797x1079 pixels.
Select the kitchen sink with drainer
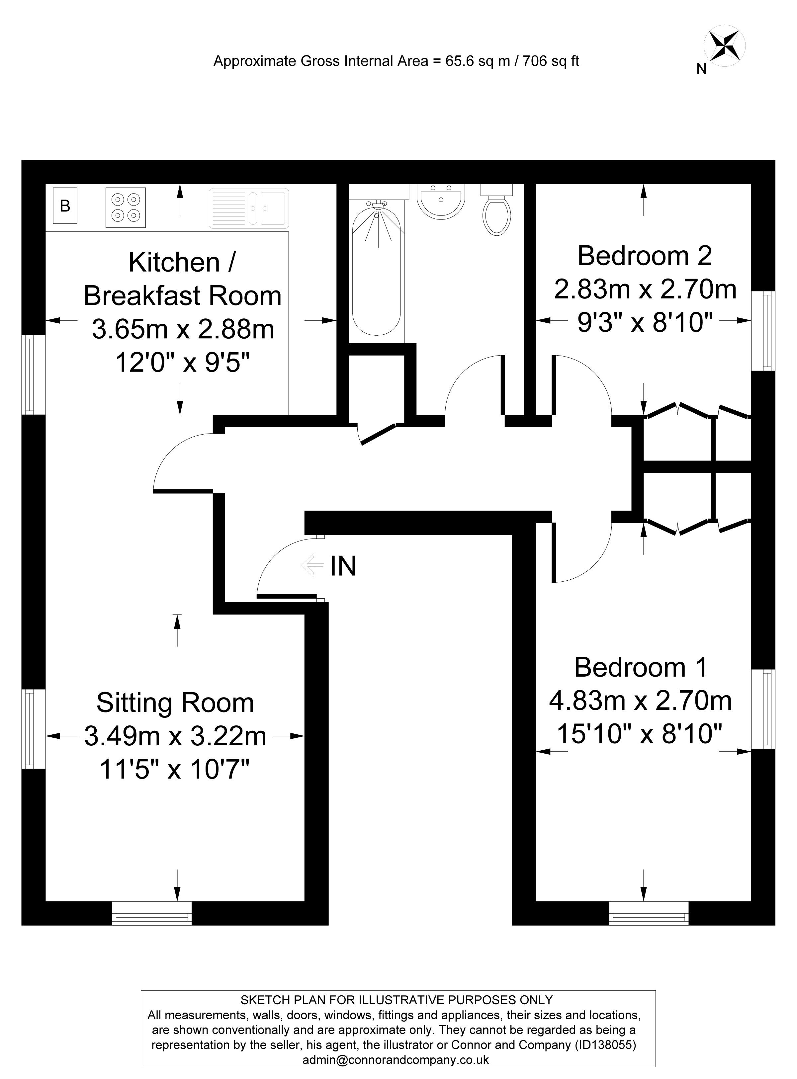249,208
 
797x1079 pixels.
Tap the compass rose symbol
725,48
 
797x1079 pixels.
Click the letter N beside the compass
701,69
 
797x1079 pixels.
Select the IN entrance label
343,566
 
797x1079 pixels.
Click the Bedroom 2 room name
645,256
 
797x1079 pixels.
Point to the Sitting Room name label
175,703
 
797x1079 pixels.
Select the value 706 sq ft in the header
551,61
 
